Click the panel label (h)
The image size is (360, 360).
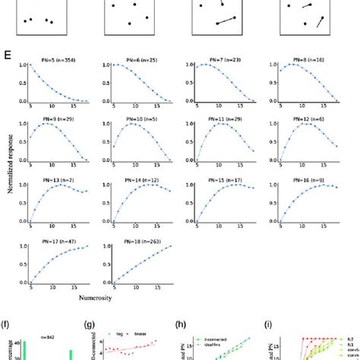179,322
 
